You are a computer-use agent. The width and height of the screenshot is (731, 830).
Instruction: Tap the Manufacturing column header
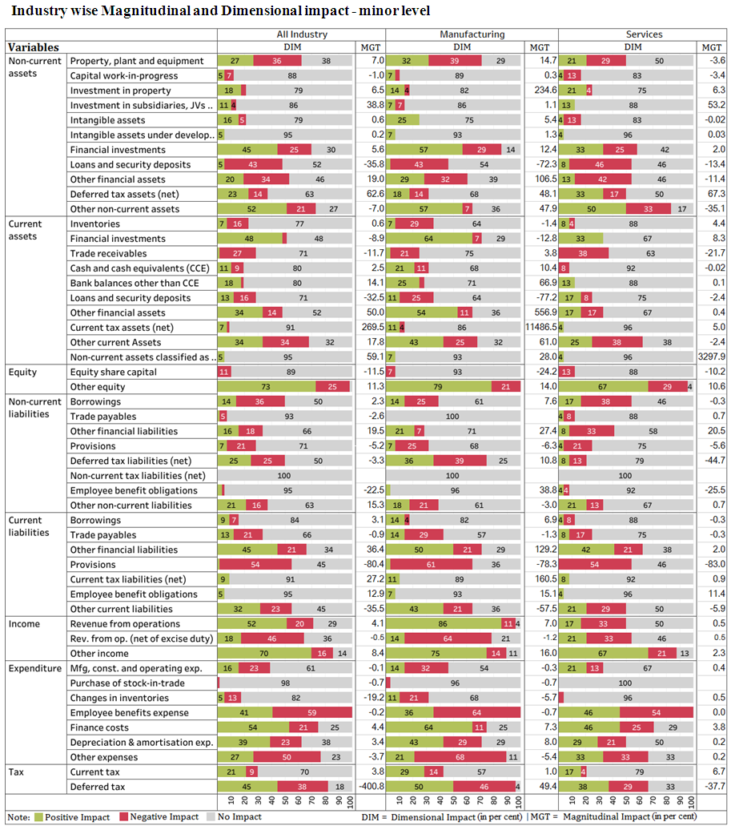coord(472,34)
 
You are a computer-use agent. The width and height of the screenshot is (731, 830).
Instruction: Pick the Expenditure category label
coord(34,668)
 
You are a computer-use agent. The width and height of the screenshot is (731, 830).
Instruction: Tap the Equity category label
coord(23,372)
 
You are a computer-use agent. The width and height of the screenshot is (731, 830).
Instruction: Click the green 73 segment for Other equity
coord(266,387)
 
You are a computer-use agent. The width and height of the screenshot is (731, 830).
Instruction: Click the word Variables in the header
coord(34,47)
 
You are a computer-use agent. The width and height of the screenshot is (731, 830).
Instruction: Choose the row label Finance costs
coord(99,727)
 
